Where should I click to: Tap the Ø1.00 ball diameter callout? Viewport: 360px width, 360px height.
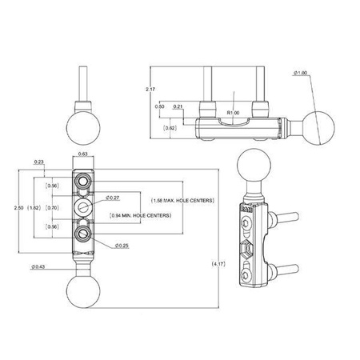point(301,74)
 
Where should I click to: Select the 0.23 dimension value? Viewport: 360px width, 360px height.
point(40,162)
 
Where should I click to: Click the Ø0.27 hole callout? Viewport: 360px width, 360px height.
point(113,197)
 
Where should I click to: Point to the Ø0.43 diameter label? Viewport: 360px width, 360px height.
point(38,266)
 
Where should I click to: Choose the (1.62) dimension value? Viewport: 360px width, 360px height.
point(35,207)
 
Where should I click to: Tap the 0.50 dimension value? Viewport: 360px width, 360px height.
point(159,105)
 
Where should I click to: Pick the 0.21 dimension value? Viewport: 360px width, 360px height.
point(177,105)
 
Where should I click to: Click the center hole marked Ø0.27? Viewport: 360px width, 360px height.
point(83,207)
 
